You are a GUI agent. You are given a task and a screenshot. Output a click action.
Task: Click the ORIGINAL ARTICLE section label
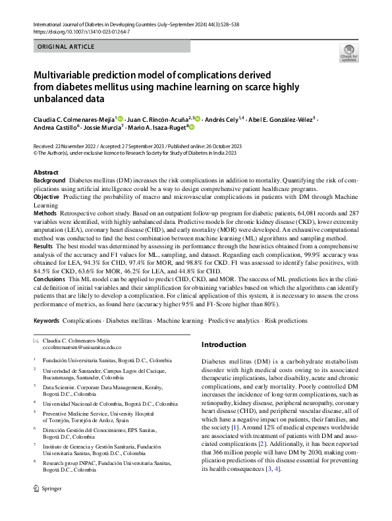pyautogui.click(x=63, y=47)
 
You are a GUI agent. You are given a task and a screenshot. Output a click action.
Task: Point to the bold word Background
pyautogui.click(x=49, y=180)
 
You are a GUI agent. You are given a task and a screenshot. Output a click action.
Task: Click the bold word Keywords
pyautogui.click(x=46, y=320)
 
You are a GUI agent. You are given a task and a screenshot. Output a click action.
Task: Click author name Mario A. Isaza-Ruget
pyautogui.click(x=157, y=128)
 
